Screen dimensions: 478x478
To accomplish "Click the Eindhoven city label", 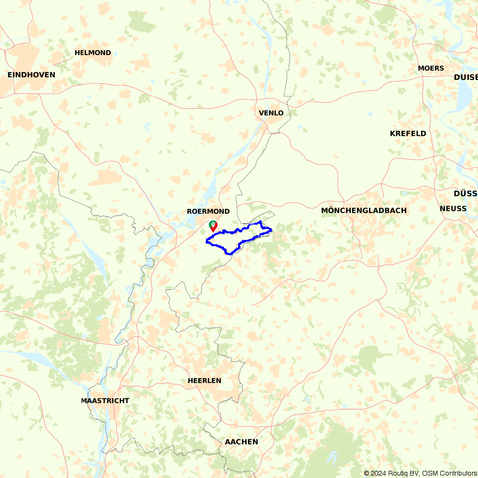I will tap(31, 75).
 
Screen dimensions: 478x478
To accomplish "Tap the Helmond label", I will tap(93, 53).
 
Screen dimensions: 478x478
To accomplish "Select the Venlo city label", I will tap(271, 113).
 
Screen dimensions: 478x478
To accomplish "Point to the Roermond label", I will tap(208, 211).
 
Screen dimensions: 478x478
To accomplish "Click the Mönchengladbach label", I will tap(364, 211).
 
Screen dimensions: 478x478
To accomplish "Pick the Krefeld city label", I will tap(408, 134).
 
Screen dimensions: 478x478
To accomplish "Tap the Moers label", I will tap(431, 68).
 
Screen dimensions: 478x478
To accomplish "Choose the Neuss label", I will tap(453, 209).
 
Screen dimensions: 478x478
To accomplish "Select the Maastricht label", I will tap(105, 401).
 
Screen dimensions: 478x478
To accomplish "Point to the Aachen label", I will tap(241, 442).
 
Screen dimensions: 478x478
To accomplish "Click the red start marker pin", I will tap(213, 226).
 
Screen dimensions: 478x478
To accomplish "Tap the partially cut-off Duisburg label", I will tap(466, 77).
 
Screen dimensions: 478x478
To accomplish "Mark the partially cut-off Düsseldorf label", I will tap(466, 194).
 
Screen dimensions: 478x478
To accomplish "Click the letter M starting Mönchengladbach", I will tap(325, 211).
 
